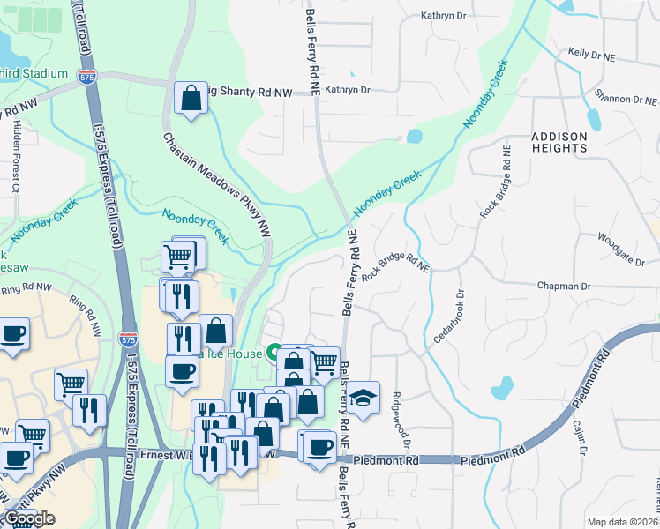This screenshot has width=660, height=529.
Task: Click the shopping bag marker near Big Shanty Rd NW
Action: coord(191,100)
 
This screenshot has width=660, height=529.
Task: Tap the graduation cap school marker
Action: coord(362,399)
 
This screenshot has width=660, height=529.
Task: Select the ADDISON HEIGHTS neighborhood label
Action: coord(559,142)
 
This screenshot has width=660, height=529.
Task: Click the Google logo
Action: coord(29,518)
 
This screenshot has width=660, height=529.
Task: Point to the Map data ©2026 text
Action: coord(623,522)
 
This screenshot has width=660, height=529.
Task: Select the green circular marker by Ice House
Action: coord(274,354)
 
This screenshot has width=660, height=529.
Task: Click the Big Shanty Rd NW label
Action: coord(257,89)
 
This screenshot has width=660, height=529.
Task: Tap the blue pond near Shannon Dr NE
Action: coord(594,117)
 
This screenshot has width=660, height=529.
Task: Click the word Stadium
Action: coord(46,73)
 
